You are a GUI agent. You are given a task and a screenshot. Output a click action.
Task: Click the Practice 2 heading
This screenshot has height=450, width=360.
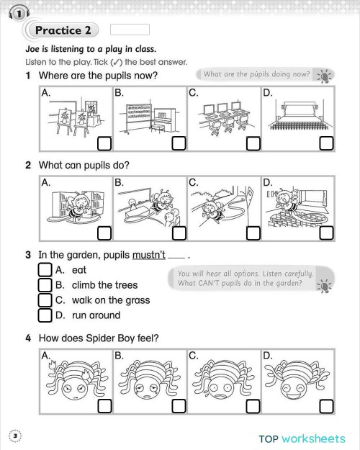point(64,30)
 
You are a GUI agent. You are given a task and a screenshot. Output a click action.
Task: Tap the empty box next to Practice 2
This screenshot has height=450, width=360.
point(130,30)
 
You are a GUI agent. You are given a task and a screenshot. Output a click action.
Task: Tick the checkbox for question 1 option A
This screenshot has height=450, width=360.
point(104,143)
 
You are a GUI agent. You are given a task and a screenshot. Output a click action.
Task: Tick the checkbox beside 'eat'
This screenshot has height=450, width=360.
point(45,270)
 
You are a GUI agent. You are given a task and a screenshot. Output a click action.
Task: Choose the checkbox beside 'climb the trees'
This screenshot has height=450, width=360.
point(45,285)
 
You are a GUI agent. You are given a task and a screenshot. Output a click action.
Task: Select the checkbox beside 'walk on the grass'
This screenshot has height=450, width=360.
point(45,300)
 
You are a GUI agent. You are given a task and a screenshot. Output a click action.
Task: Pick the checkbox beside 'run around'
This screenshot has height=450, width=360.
point(45,315)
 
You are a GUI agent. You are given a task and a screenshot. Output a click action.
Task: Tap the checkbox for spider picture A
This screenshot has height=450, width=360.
point(104,405)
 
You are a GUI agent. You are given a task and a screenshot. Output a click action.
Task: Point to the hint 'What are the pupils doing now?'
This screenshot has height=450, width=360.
point(257,75)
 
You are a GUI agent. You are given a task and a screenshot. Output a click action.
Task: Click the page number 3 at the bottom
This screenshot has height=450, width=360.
point(14,435)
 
